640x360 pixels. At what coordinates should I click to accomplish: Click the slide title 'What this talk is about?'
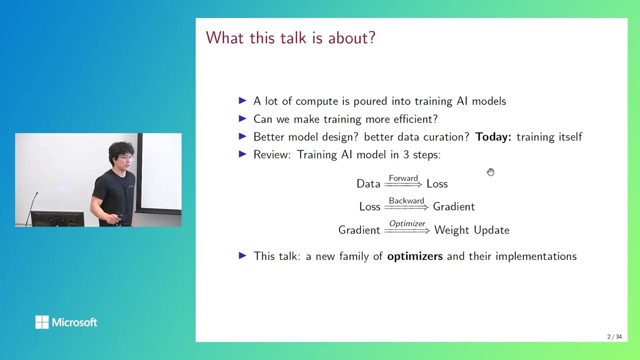pyautogui.click(x=290, y=38)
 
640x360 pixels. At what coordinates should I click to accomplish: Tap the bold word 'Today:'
pyautogui.click(x=493, y=137)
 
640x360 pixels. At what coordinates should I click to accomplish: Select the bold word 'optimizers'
pyautogui.click(x=414, y=256)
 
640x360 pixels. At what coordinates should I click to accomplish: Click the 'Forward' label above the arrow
pyautogui.click(x=403, y=178)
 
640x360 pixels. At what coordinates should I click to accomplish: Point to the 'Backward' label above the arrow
pyautogui.click(x=406, y=201)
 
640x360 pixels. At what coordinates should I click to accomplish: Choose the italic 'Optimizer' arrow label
pyautogui.click(x=407, y=224)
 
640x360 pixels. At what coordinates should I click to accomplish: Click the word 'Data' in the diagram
pyautogui.click(x=368, y=184)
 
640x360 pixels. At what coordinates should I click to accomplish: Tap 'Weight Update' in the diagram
pyautogui.click(x=471, y=230)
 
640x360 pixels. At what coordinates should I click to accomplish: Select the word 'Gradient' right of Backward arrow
pyautogui.click(x=453, y=206)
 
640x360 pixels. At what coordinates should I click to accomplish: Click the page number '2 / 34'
pyautogui.click(x=614, y=336)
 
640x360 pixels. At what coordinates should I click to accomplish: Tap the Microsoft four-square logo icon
pyautogui.click(x=42, y=322)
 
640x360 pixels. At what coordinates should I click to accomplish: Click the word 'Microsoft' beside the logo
pyautogui.click(x=74, y=322)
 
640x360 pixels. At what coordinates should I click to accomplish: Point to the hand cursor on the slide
pyautogui.click(x=490, y=172)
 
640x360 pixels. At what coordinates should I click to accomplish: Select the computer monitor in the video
pyautogui.click(x=57, y=218)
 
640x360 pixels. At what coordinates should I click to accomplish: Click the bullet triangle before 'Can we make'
pyautogui.click(x=243, y=119)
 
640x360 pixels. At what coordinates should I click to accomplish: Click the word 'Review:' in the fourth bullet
pyautogui.click(x=272, y=155)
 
